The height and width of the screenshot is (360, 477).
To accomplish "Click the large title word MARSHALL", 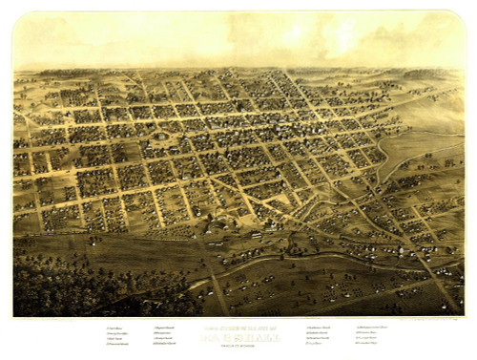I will tap(238, 334).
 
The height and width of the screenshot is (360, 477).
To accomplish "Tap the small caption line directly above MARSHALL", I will tap(238, 328).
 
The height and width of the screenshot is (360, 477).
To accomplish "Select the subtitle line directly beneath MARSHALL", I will tap(238, 341).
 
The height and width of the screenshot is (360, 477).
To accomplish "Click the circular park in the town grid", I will tap(162, 137).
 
